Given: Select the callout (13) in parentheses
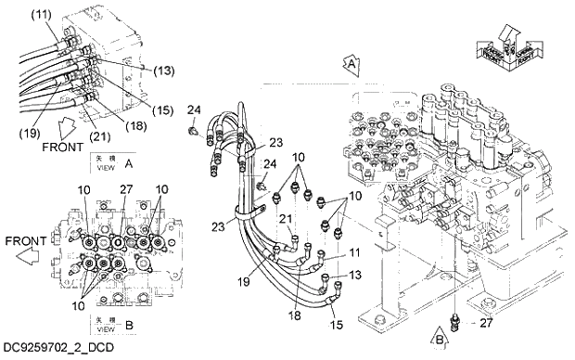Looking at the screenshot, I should [x=137, y=70].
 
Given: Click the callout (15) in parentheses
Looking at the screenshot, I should [x=137, y=109].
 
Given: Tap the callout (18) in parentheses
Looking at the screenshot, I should [x=111, y=124].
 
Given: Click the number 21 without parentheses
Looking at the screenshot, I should [x=286, y=218].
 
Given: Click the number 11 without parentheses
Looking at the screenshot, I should [x=353, y=253].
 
